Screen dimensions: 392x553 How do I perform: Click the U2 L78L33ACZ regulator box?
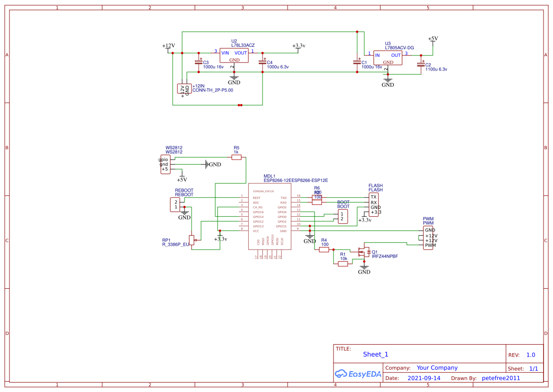click(234, 56)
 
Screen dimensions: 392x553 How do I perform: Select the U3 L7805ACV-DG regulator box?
click(387, 58)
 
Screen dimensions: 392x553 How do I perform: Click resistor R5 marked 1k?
click(237, 158)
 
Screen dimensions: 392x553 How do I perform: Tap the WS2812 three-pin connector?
click(165, 164)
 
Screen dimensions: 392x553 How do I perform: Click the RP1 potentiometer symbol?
click(192, 241)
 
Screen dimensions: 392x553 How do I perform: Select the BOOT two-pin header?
click(342, 216)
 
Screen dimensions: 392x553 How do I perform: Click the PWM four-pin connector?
click(428, 238)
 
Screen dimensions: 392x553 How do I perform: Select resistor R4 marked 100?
click(324, 249)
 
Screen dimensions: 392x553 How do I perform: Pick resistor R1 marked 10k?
click(343, 264)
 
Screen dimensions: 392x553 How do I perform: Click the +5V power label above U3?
click(432, 39)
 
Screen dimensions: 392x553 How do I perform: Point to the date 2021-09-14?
click(424, 378)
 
